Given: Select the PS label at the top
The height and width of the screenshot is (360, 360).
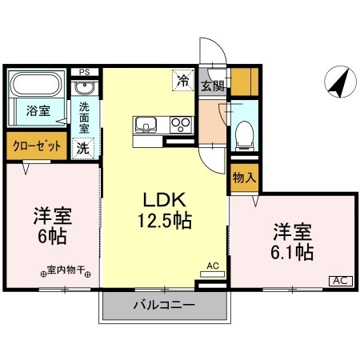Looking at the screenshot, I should (84, 72).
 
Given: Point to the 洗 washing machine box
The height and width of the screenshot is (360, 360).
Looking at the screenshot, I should (83, 147).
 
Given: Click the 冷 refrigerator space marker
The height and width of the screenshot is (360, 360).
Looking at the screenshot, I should (183, 80).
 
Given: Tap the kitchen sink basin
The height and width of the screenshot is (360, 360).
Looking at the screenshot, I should (147, 126).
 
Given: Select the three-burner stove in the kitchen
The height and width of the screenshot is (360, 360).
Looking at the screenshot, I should (182, 126).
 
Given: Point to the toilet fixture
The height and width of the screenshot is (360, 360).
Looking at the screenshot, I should (243, 131).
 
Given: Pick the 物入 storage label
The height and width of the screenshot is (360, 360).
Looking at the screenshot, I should (243, 178).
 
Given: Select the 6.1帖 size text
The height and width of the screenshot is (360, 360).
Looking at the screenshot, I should (290, 253).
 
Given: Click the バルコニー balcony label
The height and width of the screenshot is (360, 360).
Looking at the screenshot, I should (163, 306).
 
